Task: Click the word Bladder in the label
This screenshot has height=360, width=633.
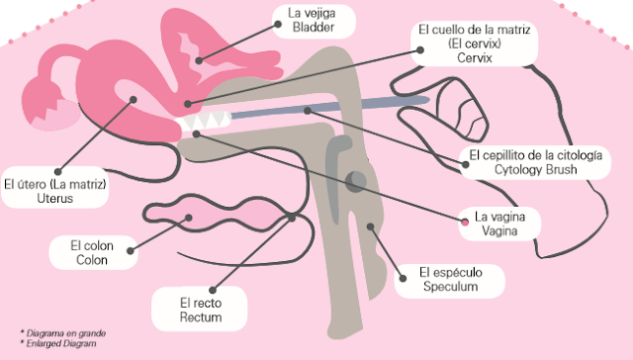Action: pyautogui.click(x=314, y=28)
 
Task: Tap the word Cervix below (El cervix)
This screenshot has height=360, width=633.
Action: pyautogui.click(x=475, y=58)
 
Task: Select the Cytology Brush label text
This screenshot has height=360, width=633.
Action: pyautogui.click(x=535, y=169)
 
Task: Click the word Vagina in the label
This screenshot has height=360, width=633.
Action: pyautogui.click(x=499, y=231)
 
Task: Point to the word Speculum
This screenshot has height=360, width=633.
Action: pyautogui.click(x=451, y=287)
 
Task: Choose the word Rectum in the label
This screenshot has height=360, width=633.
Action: pyautogui.click(x=201, y=317)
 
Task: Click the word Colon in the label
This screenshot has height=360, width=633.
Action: pyautogui.click(x=92, y=260)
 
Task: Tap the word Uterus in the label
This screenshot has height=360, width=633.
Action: pyautogui.click(x=55, y=199)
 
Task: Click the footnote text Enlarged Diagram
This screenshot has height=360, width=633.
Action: pyautogui.click(x=61, y=343)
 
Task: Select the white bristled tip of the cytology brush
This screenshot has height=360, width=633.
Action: pyautogui.click(x=204, y=120)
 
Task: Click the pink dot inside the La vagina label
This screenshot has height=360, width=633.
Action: pyautogui.click(x=465, y=222)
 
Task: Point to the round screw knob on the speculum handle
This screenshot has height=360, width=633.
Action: pyautogui.click(x=356, y=181)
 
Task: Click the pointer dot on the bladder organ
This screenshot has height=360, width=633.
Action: pyautogui.click(x=199, y=61)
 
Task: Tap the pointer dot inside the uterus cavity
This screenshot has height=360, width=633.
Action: pyautogui.click(x=133, y=99)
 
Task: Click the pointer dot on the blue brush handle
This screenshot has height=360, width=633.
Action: pyautogui.click(x=308, y=110)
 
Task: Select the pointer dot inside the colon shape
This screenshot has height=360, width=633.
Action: pyautogui.click(x=188, y=218)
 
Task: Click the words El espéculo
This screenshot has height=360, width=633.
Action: pyautogui.click(x=451, y=272)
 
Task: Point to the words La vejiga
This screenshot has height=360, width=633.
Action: pyautogui.click(x=312, y=13)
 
